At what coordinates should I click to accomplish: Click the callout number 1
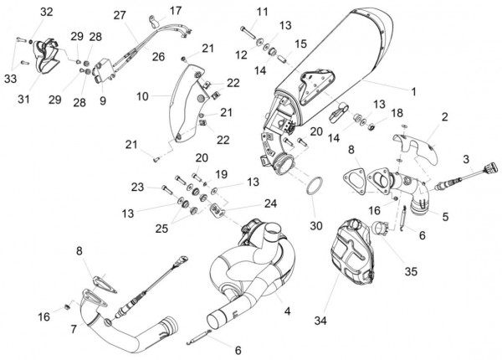pyautogui.click(x=412, y=90)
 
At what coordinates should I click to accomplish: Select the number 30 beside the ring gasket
pyautogui.click(x=315, y=225)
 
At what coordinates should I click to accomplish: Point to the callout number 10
pyautogui.click(x=143, y=96)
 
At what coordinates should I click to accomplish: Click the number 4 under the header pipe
pyautogui.click(x=286, y=311)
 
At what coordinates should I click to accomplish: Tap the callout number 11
pyautogui.click(x=263, y=12)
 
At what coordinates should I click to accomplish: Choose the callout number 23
pyautogui.click(x=138, y=186)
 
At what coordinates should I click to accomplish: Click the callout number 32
pyautogui.click(x=45, y=12)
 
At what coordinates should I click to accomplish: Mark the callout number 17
pyautogui.click(x=175, y=11)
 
